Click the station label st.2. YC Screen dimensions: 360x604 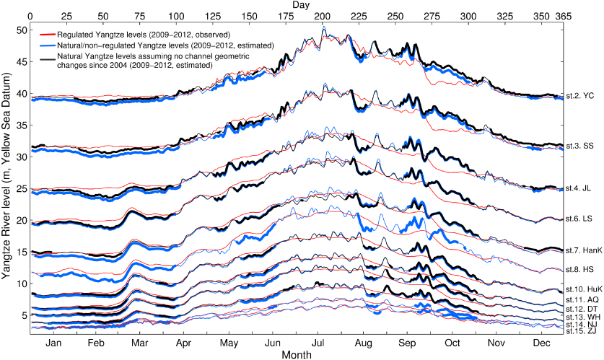[x=579, y=95]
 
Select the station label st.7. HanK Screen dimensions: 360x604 [x=582, y=250]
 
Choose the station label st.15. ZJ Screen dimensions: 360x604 [x=581, y=330]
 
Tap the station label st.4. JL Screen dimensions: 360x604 [x=579, y=188]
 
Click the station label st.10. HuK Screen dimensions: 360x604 [x=582, y=289]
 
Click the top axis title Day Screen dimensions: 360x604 [x=302, y=5]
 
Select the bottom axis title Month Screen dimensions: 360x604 [x=297, y=355]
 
